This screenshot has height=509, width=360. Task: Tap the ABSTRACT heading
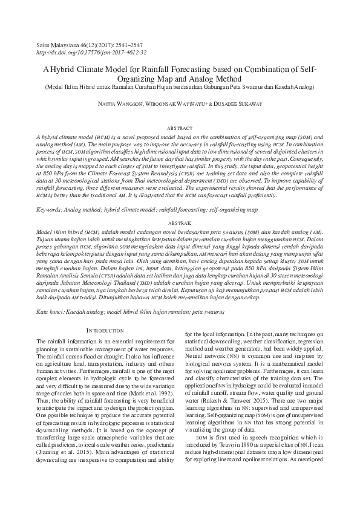(179, 128)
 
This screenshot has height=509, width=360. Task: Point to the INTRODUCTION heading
(107, 331)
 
